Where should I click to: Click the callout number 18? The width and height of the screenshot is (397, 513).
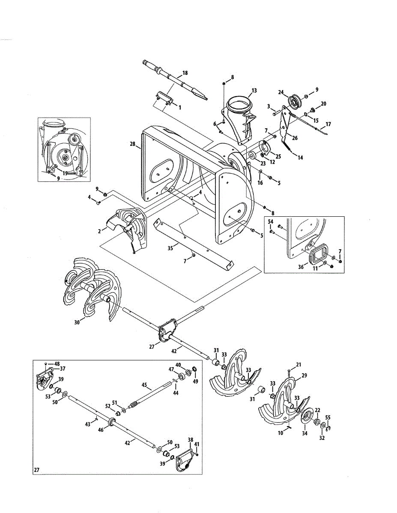(x=185, y=73)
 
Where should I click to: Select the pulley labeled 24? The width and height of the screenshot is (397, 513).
(x=293, y=101)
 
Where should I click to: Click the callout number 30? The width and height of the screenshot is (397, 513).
(x=77, y=323)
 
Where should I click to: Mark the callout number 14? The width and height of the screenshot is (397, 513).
(x=300, y=158)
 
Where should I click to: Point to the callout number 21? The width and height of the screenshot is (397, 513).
(x=298, y=364)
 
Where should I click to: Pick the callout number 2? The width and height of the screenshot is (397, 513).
(x=99, y=230)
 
